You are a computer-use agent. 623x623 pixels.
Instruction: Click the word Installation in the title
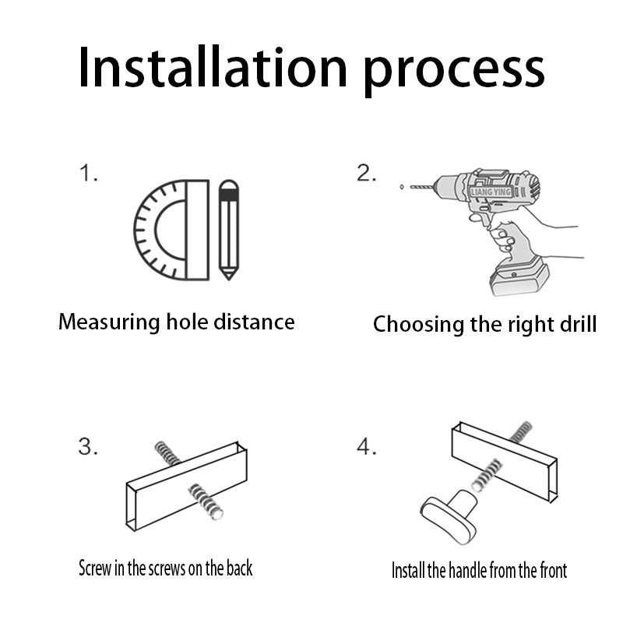213,67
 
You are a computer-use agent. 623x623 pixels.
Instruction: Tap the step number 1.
88,174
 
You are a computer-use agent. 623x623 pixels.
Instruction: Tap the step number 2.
366,173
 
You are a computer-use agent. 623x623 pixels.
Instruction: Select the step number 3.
88,446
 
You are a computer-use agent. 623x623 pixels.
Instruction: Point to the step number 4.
366,446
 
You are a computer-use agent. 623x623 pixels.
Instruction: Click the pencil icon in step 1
229,230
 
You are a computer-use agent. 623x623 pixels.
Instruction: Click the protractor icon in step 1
171,230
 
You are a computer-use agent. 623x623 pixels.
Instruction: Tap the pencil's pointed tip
229,279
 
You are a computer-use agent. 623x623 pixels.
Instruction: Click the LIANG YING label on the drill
491,192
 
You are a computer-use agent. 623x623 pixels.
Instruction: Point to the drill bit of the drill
422,186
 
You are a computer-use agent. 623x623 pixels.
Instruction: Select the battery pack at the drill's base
519,276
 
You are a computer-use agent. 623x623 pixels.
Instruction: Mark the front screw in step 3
205,502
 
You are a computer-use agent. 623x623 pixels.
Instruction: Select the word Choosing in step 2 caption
419,325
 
